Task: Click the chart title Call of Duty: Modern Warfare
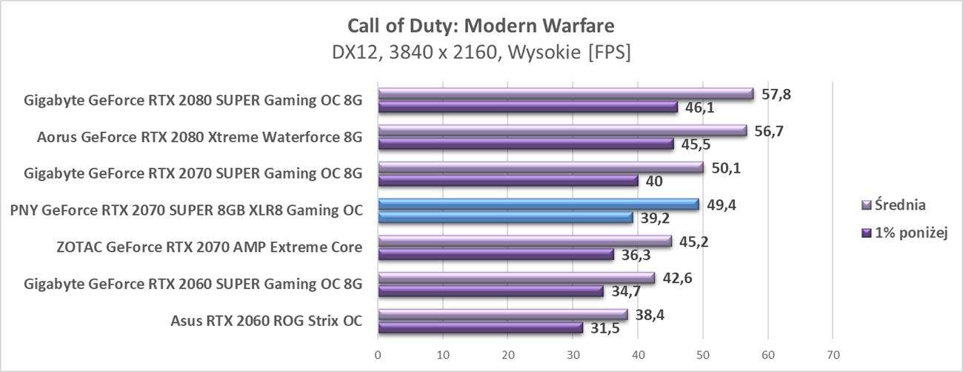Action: (x=481, y=27)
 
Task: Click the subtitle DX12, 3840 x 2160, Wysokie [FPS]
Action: (x=481, y=53)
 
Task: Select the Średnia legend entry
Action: (x=899, y=205)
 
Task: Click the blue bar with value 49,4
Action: (x=539, y=204)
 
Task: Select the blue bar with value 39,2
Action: (x=505, y=217)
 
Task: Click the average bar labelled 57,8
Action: (x=565, y=94)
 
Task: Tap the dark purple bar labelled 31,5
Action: (x=480, y=327)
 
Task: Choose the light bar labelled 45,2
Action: (x=524, y=241)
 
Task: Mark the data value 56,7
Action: (x=767, y=131)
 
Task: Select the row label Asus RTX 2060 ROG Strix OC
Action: (x=267, y=320)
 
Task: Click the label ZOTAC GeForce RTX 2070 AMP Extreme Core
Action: (x=210, y=247)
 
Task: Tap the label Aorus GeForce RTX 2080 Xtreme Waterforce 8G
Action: (x=199, y=137)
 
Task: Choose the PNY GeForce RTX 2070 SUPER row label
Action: (x=187, y=210)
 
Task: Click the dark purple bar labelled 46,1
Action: (x=527, y=107)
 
